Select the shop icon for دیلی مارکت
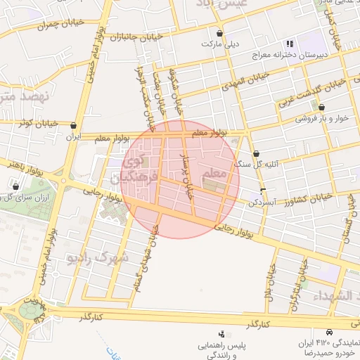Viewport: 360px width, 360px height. pyautogui.click(x=220, y=33)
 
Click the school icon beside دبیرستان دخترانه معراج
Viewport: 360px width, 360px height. pyautogui.click(x=290, y=44)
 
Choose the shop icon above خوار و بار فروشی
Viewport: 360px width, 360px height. pyautogui.click(x=321, y=108)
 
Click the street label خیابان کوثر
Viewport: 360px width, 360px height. pyautogui.click(x=34, y=124)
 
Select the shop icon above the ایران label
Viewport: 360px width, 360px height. pyautogui.click(x=74, y=126)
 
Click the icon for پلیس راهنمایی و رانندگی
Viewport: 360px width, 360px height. pyautogui.click(x=222, y=334)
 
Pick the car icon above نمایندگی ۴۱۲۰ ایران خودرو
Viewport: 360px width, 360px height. pyautogui.click(x=330, y=331)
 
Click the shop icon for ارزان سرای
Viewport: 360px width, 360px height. pyautogui.click(x=15, y=187)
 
